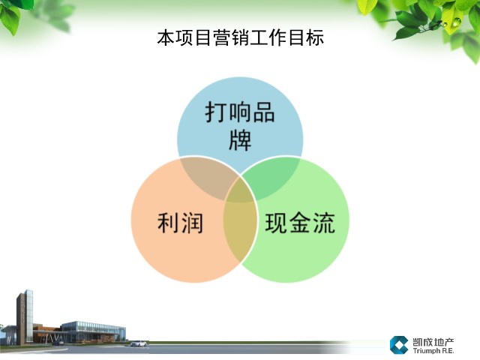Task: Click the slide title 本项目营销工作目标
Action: (x=240, y=37)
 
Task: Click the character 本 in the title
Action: (x=166, y=37)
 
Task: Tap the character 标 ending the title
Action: (x=315, y=37)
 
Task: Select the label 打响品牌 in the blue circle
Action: (x=240, y=126)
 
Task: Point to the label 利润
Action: (x=180, y=223)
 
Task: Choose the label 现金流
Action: (x=300, y=223)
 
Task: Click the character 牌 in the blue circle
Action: (x=240, y=140)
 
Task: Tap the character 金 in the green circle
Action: (x=300, y=223)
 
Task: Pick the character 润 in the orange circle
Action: (x=192, y=223)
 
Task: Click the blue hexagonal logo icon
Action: (x=398, y=345)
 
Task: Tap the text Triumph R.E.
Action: (x=433, y=351)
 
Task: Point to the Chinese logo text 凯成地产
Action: (x=433, y=342)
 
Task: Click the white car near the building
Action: (x=139, y=343)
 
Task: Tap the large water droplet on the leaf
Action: (x=457, y=22)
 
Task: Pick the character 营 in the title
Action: (x=222, y=37)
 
